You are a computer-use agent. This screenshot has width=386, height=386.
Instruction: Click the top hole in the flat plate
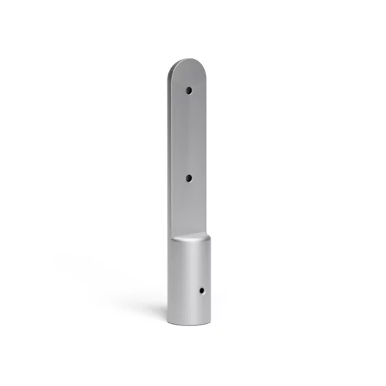pos(189,91)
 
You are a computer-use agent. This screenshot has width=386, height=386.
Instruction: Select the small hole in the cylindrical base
pos(202,291)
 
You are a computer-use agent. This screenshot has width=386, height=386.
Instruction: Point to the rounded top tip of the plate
pos(188,61)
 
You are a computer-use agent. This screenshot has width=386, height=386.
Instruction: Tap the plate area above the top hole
pos(189,74)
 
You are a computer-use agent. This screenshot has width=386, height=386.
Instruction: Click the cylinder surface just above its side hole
pos(202,277)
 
